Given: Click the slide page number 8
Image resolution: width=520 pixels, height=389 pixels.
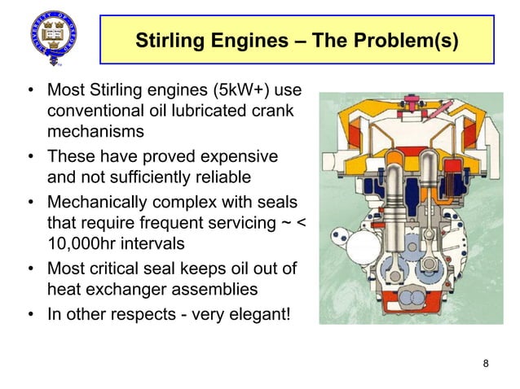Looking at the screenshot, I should coord(487,362).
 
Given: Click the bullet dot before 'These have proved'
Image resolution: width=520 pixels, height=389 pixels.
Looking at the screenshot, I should coord(30,155).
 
